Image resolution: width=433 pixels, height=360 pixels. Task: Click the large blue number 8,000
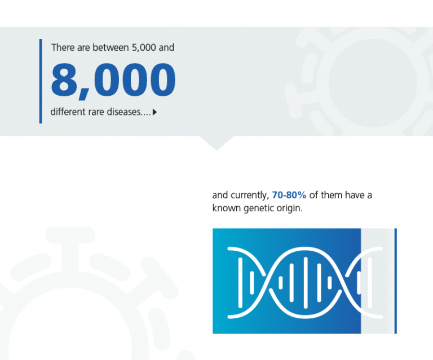[x=113, y=81]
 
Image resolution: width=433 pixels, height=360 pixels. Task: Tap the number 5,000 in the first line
[x=144, y=47]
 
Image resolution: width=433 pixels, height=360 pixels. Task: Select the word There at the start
[x=63, y=47]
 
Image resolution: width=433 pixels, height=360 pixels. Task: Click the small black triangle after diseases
[x=154, y=112]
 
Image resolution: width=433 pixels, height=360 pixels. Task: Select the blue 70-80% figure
[x=289, y=195]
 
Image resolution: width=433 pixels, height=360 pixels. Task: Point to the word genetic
[x=258, y=208]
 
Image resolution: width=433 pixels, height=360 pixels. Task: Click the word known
[x=227, y=208]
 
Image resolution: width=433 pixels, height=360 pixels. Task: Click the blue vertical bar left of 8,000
[x=41, y=81]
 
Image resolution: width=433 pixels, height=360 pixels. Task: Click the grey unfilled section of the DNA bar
[x=378, y=281]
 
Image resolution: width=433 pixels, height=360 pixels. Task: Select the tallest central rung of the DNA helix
[x=306, y=282]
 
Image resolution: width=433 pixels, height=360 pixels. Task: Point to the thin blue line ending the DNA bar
[x=395, y=281]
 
